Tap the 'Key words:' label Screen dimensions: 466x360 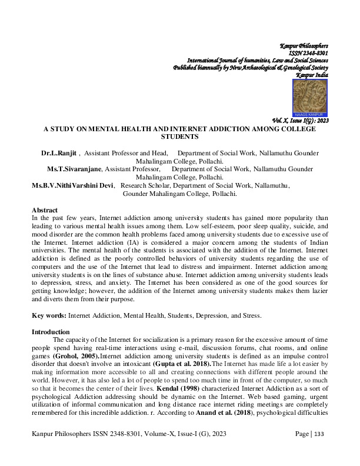[51, 315]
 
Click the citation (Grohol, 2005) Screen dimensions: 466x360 [86, 356]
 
